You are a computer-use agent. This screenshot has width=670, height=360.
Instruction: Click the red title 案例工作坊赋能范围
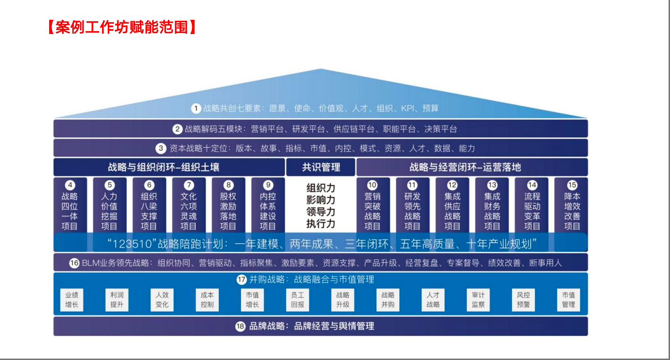pyautogui.click(x=122, y=27)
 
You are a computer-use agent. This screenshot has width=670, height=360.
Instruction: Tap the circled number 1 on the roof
pyautogui.click(x=196, y=109)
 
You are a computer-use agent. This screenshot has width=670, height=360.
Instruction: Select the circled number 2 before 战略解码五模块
pyautogui.click(x=178, y=129)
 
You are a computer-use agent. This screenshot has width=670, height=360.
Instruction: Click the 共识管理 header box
pyautogui.click(x=321, y=167)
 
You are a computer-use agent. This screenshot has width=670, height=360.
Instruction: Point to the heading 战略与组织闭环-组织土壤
pyautogui.click(x=163, y=167)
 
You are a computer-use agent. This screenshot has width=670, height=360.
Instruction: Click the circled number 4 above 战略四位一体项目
pyautogui.click(x=70, y=185)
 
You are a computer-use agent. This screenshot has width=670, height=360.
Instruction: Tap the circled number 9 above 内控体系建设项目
pyautogui.click(x=268, y=185)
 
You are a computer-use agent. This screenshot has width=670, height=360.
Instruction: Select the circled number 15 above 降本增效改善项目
pyautogui.click(x=572, y=185)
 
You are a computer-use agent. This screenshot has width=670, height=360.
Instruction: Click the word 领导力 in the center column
pyautogui.click(x=321, y=212)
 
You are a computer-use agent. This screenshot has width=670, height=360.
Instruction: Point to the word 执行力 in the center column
pyautogui.click(x=321, y=223)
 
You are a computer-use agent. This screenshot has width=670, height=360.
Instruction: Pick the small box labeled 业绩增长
pyautogui.click(x=72, y=300)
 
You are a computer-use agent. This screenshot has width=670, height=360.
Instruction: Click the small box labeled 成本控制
pyautogui.click(x=207, y=300)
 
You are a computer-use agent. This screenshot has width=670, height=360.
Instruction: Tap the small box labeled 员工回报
pyautogui.click(x=298, y=300)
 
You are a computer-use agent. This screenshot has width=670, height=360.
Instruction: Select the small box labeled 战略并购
pyautogui.click(x=388, y=300)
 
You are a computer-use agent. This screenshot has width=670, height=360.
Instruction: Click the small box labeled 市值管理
pyautogui.click(x=568, y=300)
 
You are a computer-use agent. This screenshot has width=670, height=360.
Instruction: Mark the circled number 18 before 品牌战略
pyautogui.click(x=241, y=326)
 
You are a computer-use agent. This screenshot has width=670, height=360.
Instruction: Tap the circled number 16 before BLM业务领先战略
pyautogui.click(x=74, y=263)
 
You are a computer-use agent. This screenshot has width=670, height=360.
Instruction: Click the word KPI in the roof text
pyautogui.click(x=408, y=109)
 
